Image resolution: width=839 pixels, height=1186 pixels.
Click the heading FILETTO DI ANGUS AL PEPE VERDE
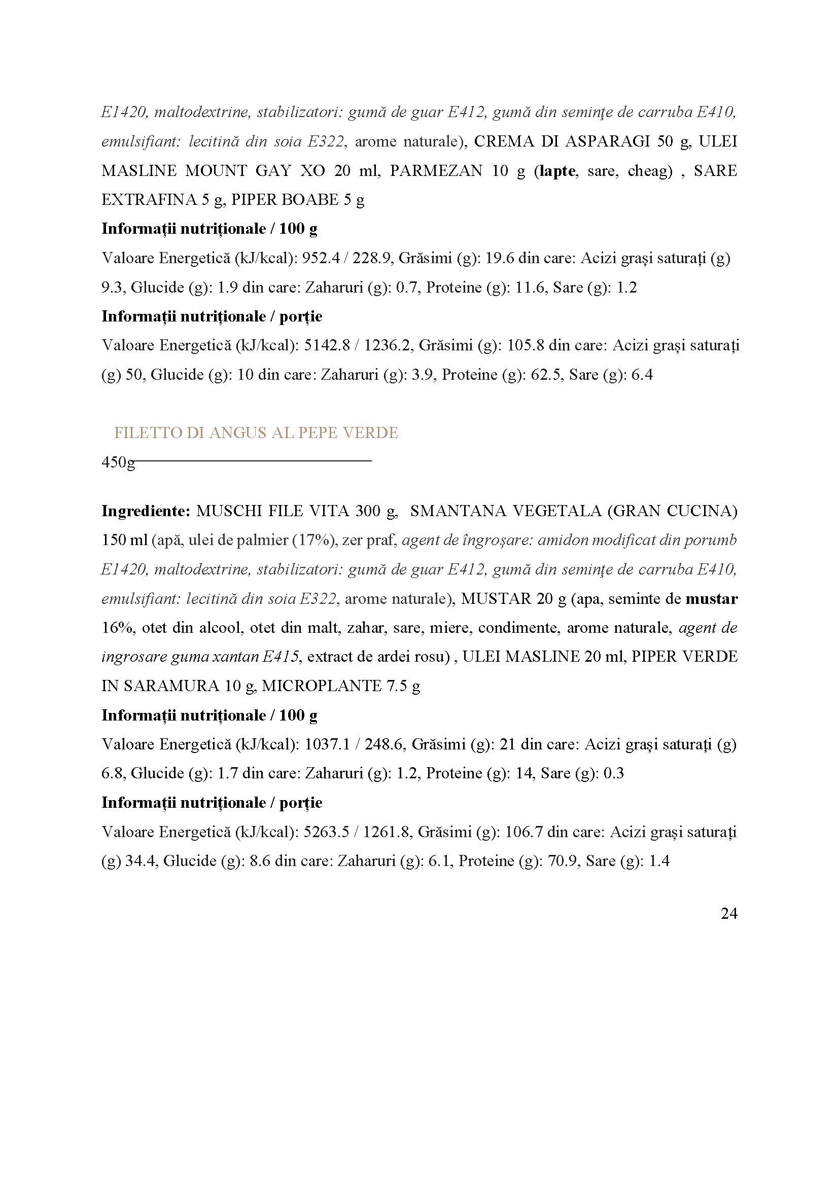coord(256,433)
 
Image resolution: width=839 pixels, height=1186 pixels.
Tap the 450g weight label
coord(118,462)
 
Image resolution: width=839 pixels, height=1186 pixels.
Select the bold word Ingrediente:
coord(146,512)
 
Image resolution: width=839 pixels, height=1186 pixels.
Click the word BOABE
coord(310,200)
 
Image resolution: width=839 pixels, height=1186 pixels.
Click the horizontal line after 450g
coord(253,460)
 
